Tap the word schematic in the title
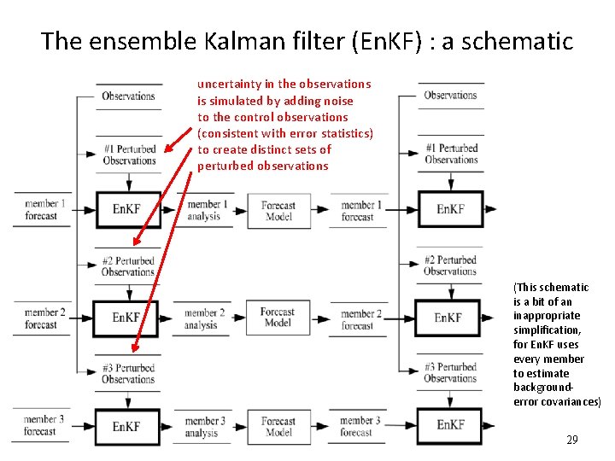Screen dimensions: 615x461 pyautogui.click(x=518, y=41)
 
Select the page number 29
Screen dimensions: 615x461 pyautogui.click(x=572, y=440)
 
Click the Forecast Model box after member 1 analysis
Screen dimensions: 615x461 pyautogui.click(x=278, y=211)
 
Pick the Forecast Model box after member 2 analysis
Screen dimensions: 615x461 pyautogui.click(x=278, y=318)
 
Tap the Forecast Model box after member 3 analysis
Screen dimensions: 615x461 pyautogui.click(x=278, y=427)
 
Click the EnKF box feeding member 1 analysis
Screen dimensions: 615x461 pyautogui.click(x=129, y=210)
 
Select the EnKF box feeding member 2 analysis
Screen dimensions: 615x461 pyautogui.click(x=126, y=318)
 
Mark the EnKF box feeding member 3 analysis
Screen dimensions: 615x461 pyautogui.click(x=127, y=427)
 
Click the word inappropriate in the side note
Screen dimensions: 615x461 pyautogui.click(x=547, y=317)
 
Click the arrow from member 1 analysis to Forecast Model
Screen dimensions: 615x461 pyautogui.click(x=239, y=211)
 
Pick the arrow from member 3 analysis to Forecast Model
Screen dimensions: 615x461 pyautogui.click(x=239, y=427)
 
